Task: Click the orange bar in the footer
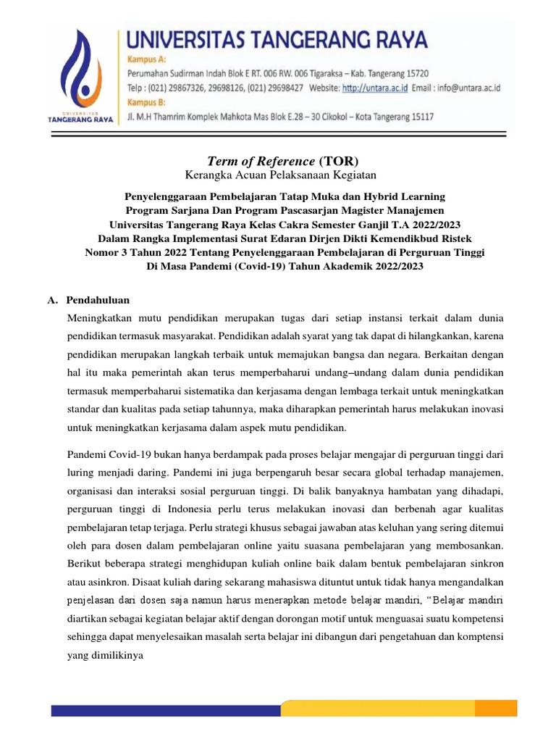pos(399,709)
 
